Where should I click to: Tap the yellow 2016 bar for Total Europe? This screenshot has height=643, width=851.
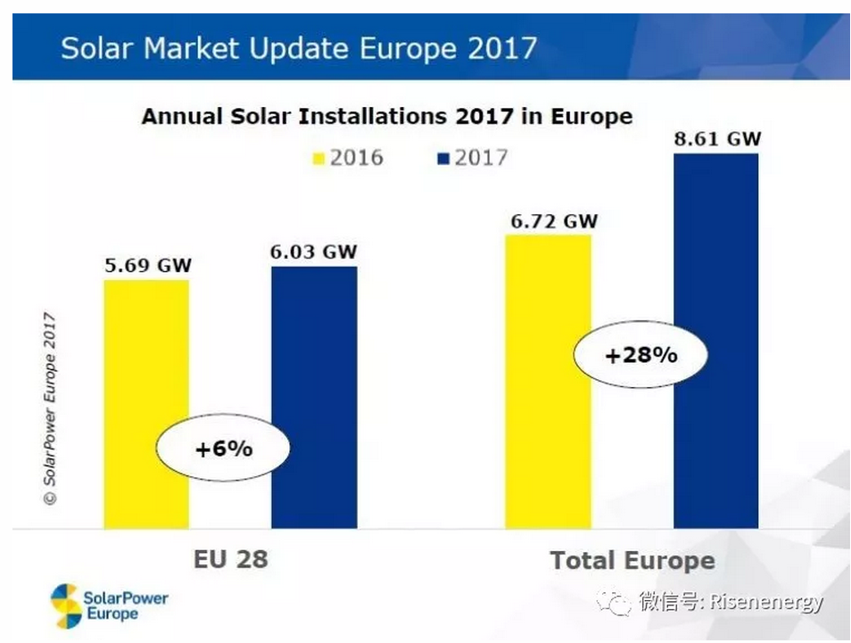[548, 294]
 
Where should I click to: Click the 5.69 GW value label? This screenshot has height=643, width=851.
[146, 265]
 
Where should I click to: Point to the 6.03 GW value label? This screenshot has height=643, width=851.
[314, 251]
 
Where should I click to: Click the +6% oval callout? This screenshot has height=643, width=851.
[224, 448]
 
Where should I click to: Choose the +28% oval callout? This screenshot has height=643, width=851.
[640, 354]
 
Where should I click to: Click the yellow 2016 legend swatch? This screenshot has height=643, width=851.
[318, 160]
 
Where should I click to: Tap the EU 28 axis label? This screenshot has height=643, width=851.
[230, 559]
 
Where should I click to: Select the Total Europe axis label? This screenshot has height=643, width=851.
[632, 561]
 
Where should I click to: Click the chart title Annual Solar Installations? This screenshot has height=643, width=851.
[386, 117]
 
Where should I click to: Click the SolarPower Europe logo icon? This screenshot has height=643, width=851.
[65, 605]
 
